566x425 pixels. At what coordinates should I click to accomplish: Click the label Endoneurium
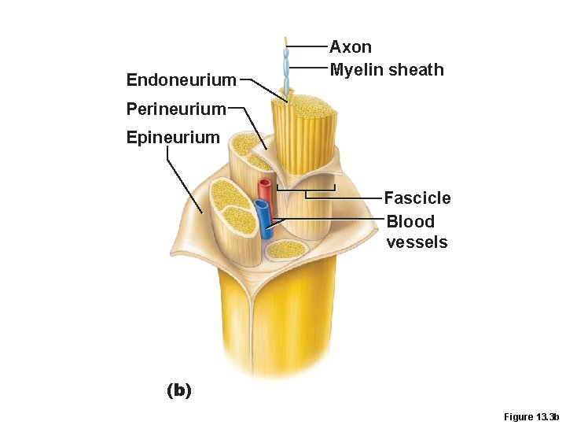181,79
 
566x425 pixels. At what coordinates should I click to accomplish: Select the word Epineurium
173,137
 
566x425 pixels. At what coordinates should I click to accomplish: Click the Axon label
351,47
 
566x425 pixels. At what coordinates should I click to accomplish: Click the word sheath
416,69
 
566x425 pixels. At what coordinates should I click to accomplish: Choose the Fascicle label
417,198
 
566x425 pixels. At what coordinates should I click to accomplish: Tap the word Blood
410,221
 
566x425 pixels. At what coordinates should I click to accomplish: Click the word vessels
417,242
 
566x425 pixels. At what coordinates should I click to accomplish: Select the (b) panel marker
179,390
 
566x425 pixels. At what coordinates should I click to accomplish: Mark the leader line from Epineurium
185,181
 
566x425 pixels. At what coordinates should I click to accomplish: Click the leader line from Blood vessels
330,218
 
